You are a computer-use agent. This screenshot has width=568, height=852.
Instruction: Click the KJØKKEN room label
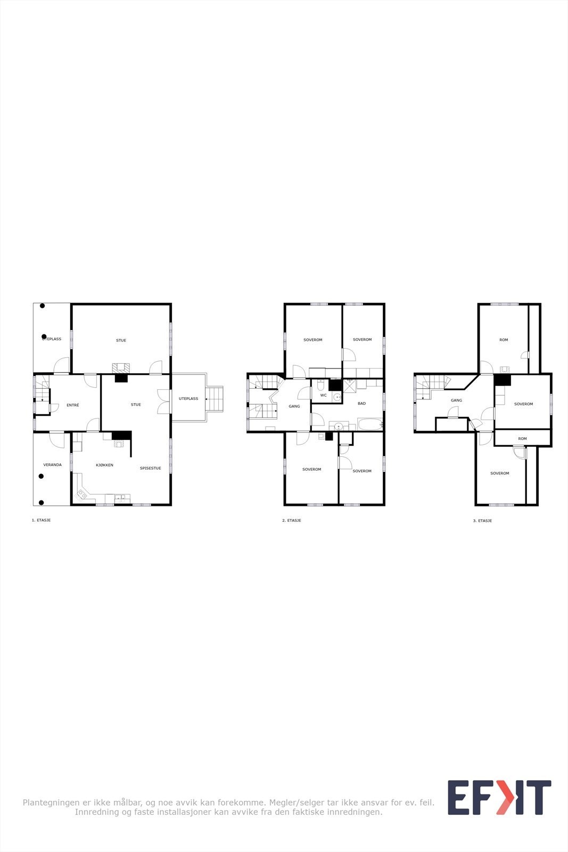(x=104, y=465)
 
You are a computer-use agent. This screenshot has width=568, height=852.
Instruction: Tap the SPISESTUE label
(x=150, y=468)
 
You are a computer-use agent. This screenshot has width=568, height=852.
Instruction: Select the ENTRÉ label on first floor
(x=73, y=405)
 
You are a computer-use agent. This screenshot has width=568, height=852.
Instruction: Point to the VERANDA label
(x=52, y=465)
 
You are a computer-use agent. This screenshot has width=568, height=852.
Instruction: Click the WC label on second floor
(x=323, y=395)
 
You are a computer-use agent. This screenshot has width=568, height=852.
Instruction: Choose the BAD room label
(x=361, y=404)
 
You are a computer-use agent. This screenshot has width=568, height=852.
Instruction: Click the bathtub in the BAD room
(x=370, y=425)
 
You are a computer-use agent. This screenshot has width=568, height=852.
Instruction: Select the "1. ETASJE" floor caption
(x=41, y=520)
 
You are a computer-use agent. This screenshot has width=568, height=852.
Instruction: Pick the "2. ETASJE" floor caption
(x=292, y=520)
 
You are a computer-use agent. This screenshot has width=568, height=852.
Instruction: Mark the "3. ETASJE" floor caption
(x=482, y=521)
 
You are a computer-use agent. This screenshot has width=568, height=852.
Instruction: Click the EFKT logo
(x=499, y=797)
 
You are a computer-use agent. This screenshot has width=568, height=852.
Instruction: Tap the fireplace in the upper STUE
(x=121, y=367)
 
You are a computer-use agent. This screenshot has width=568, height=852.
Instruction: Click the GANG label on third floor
(x=456, y=400)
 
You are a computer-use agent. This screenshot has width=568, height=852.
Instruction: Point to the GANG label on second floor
(x=294, y=406)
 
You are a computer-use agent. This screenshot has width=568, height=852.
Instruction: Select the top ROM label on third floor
(x=504, y=340)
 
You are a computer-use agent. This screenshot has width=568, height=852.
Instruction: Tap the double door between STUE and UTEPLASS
(x=164, y=402)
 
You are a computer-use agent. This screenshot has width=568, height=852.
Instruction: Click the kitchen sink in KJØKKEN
(x=121, y=498)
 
